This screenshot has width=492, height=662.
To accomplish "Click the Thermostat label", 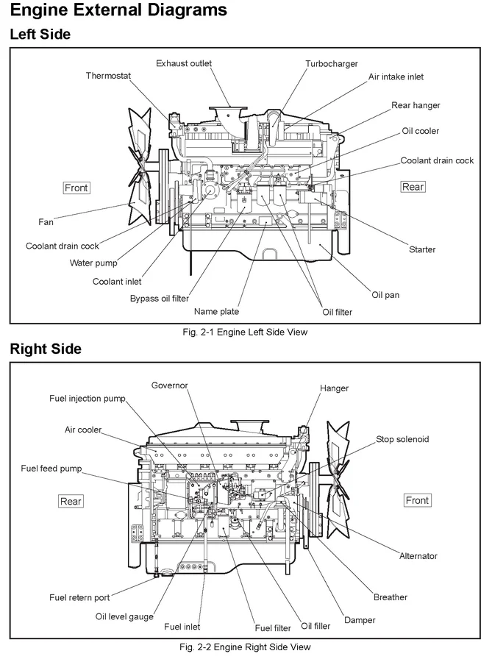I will [x=110, y=75].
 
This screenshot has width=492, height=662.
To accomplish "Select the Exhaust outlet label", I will [x=184, y=63].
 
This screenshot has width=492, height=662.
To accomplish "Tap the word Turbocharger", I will [x=332, y=64].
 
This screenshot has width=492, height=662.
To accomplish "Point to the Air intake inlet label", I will [x=396, y=76].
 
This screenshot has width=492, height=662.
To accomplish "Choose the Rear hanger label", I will [x=416, y=105].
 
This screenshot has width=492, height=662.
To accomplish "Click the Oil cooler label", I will [x=421, y=131].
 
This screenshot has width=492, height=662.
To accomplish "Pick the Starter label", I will [x=422, y=249].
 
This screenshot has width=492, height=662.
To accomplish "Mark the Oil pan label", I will [x=385, y=295].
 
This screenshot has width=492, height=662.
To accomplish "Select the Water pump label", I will [x=93, y=263].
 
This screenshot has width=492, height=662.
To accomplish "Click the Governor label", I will [x=170, y=385].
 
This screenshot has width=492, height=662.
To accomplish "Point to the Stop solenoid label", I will [x=402, y=439].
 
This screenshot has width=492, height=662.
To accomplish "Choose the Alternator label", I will [x=418, y=556].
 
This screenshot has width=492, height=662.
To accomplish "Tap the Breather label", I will [x=391, y=597].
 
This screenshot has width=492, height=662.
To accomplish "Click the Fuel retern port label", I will [x=79, y=597].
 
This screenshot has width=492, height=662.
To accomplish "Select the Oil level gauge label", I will [x=124, y=616].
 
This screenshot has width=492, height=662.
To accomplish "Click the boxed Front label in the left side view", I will [x=76, y=188].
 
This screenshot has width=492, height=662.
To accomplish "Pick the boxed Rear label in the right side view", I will [x=71, y=502].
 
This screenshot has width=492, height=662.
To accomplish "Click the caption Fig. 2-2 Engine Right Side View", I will [x=246, y=647].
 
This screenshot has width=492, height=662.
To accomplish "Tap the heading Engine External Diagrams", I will [x=118, y=11].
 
